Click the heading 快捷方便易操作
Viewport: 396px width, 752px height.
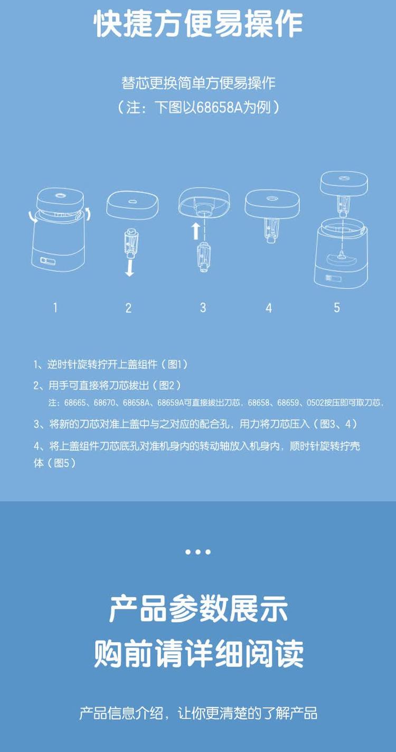coord(198,24)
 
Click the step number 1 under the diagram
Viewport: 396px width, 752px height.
coord(55,307)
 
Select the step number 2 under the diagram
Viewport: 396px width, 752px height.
coord(128,308)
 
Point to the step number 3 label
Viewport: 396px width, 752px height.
coord(203,307)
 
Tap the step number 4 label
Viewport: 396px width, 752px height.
coord(269,308)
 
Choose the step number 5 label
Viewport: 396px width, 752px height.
coord(337,307)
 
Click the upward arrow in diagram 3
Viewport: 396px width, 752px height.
coord(195,230)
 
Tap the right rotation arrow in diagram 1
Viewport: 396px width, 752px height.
coord(88,213)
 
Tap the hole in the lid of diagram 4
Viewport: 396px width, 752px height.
coord(272,199)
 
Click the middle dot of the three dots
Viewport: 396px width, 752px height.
coord(198,552)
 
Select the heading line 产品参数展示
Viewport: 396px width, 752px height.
coord(198,608)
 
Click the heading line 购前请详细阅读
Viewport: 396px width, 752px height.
coord(198,654)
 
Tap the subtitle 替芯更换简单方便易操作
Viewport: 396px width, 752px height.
coord(198,83)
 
